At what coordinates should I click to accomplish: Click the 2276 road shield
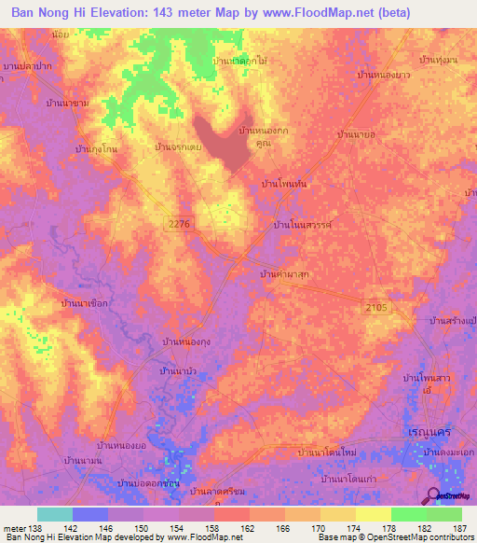[183, 221]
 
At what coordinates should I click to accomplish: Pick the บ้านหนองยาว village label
[384, 74]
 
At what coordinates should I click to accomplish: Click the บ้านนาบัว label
[177, 371]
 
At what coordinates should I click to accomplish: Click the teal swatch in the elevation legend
[55, 514]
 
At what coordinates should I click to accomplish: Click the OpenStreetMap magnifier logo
[435, 497]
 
